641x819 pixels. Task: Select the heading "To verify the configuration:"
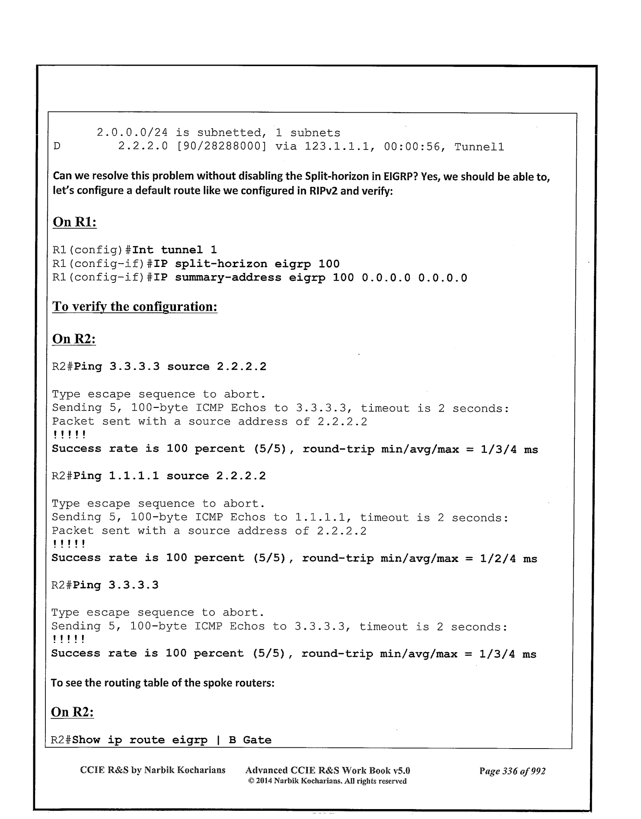pos(134,307)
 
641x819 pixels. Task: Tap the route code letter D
pos(57,147)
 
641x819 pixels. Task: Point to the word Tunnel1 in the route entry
pos(479,147)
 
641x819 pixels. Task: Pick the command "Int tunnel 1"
pos(175,250)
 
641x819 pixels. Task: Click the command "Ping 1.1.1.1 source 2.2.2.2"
pos(170,476)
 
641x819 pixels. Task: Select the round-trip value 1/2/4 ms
pos(508,559)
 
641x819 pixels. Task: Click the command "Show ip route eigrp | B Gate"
pos(172,740)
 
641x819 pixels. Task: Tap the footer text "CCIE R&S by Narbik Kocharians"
pos(153,770)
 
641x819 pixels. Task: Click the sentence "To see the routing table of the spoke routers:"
pos(163,683)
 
